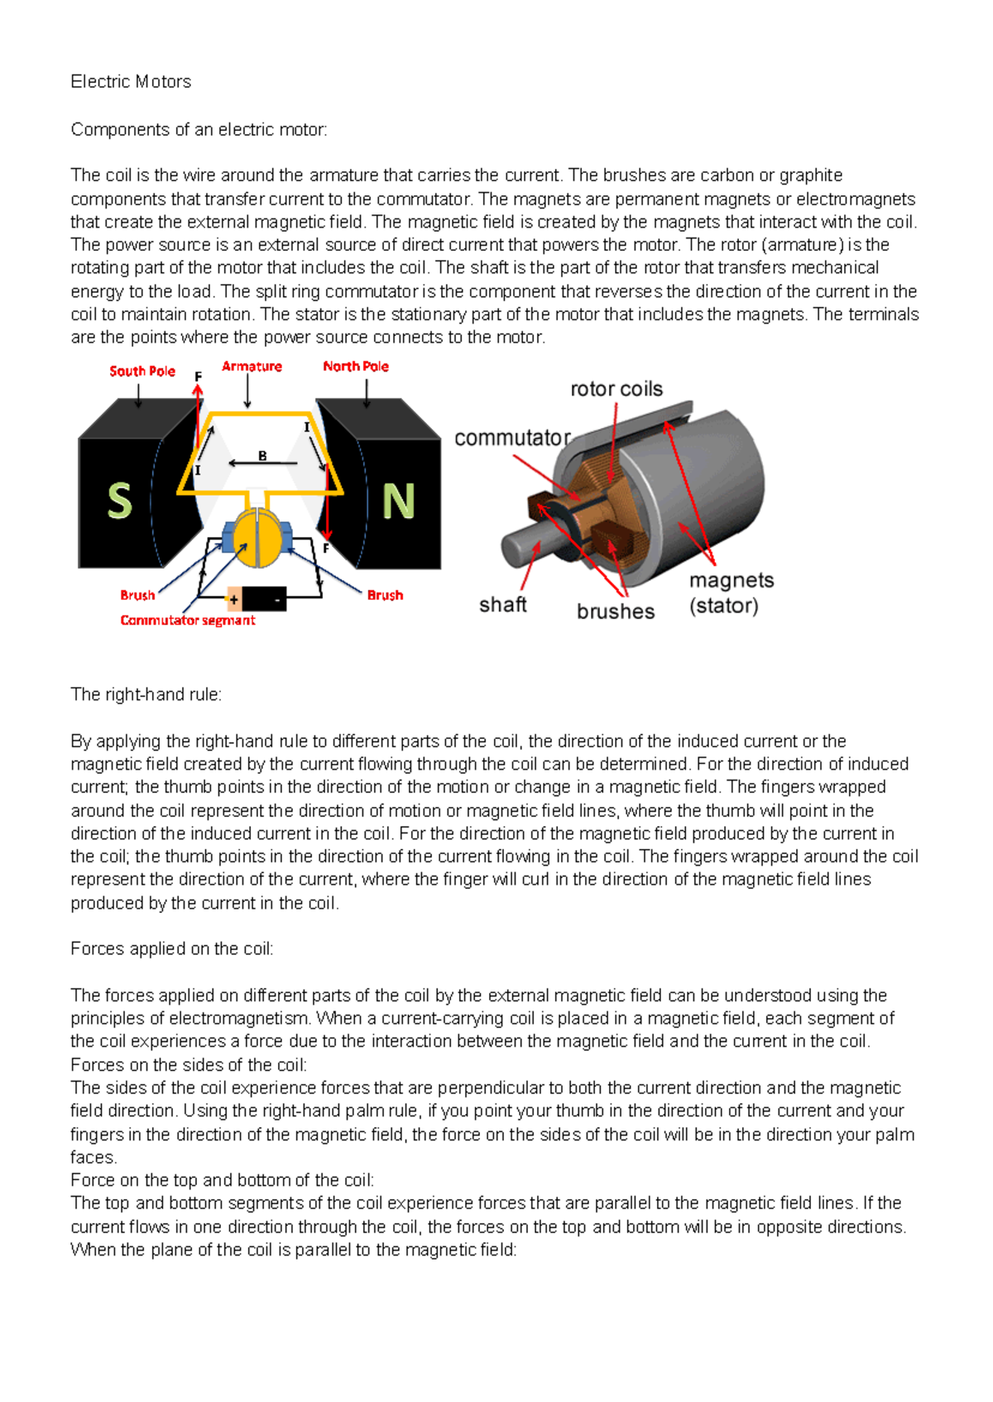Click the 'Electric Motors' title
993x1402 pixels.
[x=131, y=81]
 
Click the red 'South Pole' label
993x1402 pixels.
[x=142, y=371]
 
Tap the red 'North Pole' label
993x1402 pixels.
[x=356, y=366]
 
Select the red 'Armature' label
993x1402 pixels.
[x=252, y=366]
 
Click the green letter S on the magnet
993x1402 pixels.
[x=120, y=501]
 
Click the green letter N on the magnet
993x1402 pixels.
[x=398, y=501]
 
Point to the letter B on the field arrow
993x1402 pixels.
[x=262, y=455]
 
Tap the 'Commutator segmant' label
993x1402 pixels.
[x=188, y=620]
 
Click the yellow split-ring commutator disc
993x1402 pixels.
[x=257, y=538]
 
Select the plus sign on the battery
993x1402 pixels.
[x=234, y=598]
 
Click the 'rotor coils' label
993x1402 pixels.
[x=616, y=389]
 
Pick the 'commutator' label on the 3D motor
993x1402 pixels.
[x=512, y=438]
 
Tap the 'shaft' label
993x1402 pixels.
[x=502, y=605]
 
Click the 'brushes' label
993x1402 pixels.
[x=616, y=612]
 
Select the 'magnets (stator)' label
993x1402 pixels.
[x=731, y=593]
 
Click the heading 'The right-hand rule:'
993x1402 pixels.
[x=146, y=694]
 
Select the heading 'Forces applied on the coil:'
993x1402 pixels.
[x=172, y=948]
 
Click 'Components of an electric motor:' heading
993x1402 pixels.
[x=199, y=129]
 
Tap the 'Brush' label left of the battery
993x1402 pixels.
[x=137, y=595]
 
